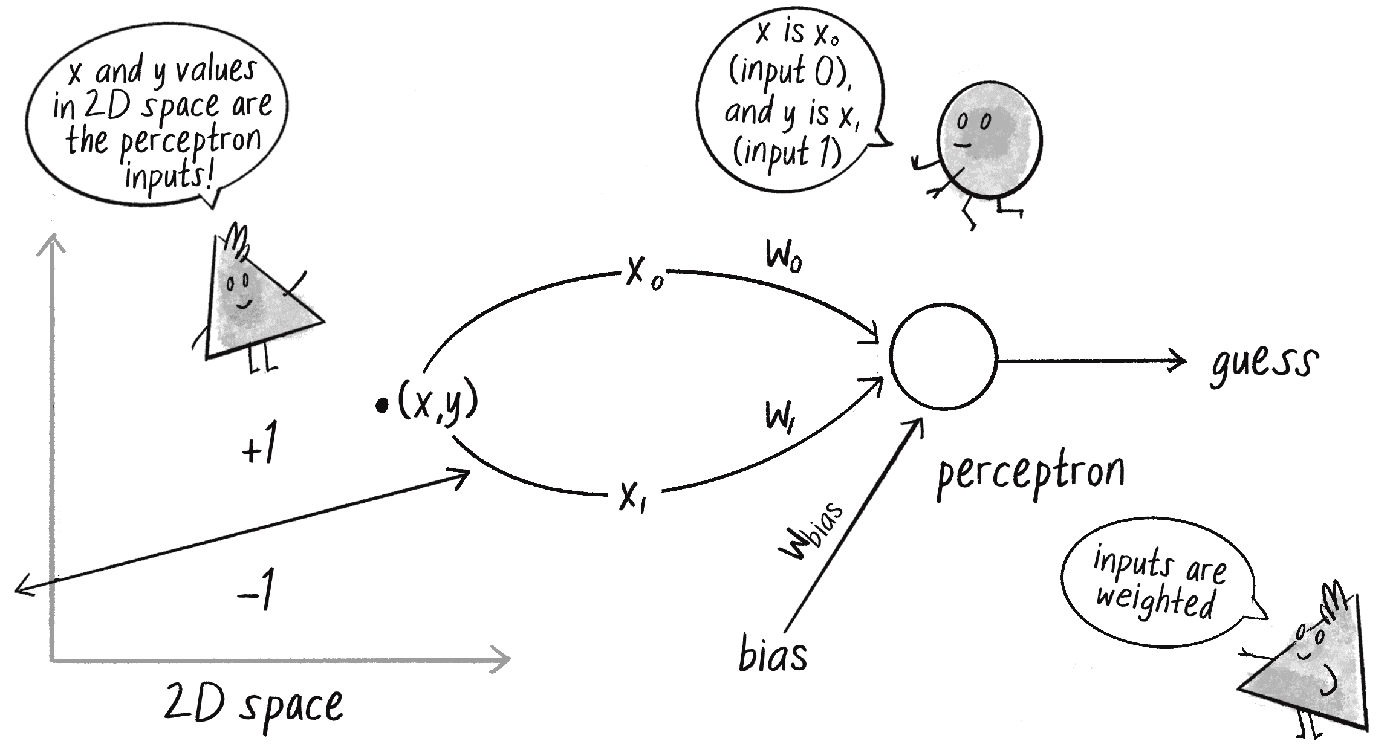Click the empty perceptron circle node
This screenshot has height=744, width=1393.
tap(943, 357)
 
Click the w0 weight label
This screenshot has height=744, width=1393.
tap(784, 256)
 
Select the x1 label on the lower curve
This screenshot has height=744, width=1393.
tap(632, 497)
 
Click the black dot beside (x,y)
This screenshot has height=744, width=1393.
tap(382, 406)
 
